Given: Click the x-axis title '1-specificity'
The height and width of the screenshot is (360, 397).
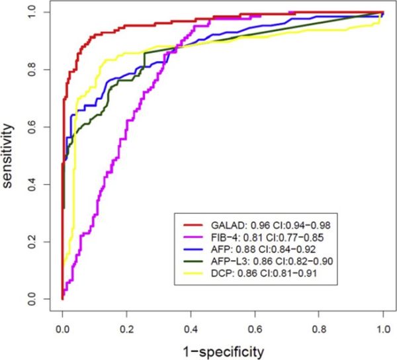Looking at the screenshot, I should point(223,349).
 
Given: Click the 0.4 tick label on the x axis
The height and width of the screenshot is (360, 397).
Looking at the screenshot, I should point(191,326).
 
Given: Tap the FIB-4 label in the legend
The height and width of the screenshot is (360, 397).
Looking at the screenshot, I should point(216,236).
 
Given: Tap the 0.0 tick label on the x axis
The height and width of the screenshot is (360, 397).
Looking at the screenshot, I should point(62,326).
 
